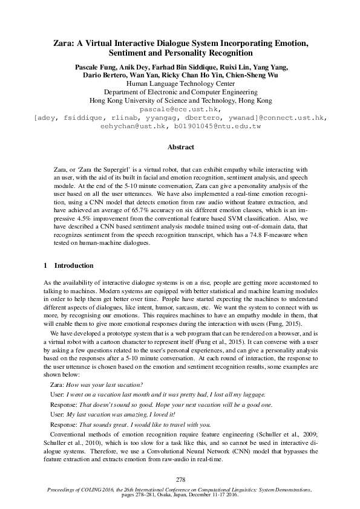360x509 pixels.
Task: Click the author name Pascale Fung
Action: click(x=94, y=66)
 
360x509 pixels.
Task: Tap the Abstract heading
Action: click(x=180, y=147)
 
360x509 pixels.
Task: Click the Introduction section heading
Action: click(x=73, y=265)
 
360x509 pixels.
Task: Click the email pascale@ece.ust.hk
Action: click(x=180, y=109)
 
